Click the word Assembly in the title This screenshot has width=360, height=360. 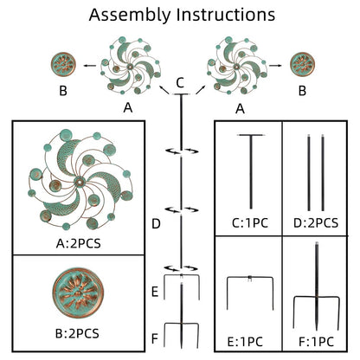click(x=130, y=16)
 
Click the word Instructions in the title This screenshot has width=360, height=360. click(x=226, y=15)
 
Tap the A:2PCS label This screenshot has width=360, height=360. click(x=79, y=244)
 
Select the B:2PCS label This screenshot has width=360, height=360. click(x=77, y=333)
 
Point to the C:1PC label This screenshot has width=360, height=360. click(x=250, y=223)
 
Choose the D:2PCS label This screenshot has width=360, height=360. click(x=316, y=223)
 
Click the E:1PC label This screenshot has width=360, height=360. click(x=245, y=342)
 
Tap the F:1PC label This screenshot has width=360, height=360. click(x=317, y=342)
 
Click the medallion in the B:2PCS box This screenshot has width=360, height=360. click(x=78, y=292)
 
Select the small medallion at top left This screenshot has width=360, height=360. click(x=63, y=64)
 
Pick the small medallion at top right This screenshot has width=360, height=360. click(x=302, y=64)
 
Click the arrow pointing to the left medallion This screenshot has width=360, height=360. click(x=90, y=66)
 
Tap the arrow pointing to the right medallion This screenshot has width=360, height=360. click(x=275, y=66)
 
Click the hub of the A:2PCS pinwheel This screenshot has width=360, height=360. click(x=79, y=182)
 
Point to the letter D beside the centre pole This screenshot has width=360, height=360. click(x=156, y=224)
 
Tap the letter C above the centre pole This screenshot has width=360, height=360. click(x=180, y=83)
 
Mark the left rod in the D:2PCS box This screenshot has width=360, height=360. click(x=309, y=172)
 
